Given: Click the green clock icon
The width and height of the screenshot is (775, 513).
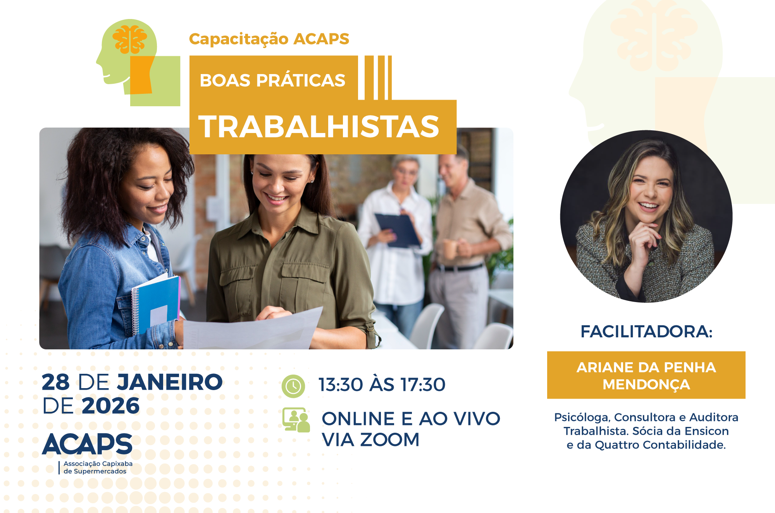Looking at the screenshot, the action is click(x=293, y=386).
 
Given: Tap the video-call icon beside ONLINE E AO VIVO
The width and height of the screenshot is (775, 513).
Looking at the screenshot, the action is click(x=296, y=420).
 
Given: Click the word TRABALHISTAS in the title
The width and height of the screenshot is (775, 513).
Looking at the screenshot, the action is click(x=319, y=127).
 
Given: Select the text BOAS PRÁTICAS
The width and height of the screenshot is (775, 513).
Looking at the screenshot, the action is click(x=272, y=80).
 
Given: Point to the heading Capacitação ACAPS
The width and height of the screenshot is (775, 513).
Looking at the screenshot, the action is click(x=269, y=39).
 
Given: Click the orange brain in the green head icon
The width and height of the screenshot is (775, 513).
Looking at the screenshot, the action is click(x=129, y=39).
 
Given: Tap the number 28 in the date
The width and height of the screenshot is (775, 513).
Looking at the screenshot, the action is click(x=56, y=382).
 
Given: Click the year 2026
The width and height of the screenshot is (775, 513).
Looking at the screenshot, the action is click(x=111, y=406).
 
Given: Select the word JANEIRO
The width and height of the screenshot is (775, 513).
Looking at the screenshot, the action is click(x=170, y=382).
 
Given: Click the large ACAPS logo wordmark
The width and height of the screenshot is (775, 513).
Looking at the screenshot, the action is click(x=88, y=444).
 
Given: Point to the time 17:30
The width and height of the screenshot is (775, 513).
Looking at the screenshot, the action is click(x=423, y=385).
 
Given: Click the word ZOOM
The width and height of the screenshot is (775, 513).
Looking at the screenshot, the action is click(x=390, y=440).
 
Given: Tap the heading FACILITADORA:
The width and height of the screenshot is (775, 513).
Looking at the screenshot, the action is click(x=646, y=332).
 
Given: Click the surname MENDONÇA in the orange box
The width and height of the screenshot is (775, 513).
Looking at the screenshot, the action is click(x=646, y=385).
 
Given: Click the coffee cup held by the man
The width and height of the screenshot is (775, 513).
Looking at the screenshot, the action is click(x=450, y=249).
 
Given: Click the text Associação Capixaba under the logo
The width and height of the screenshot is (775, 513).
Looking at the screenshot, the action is click(x=98, y=464).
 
